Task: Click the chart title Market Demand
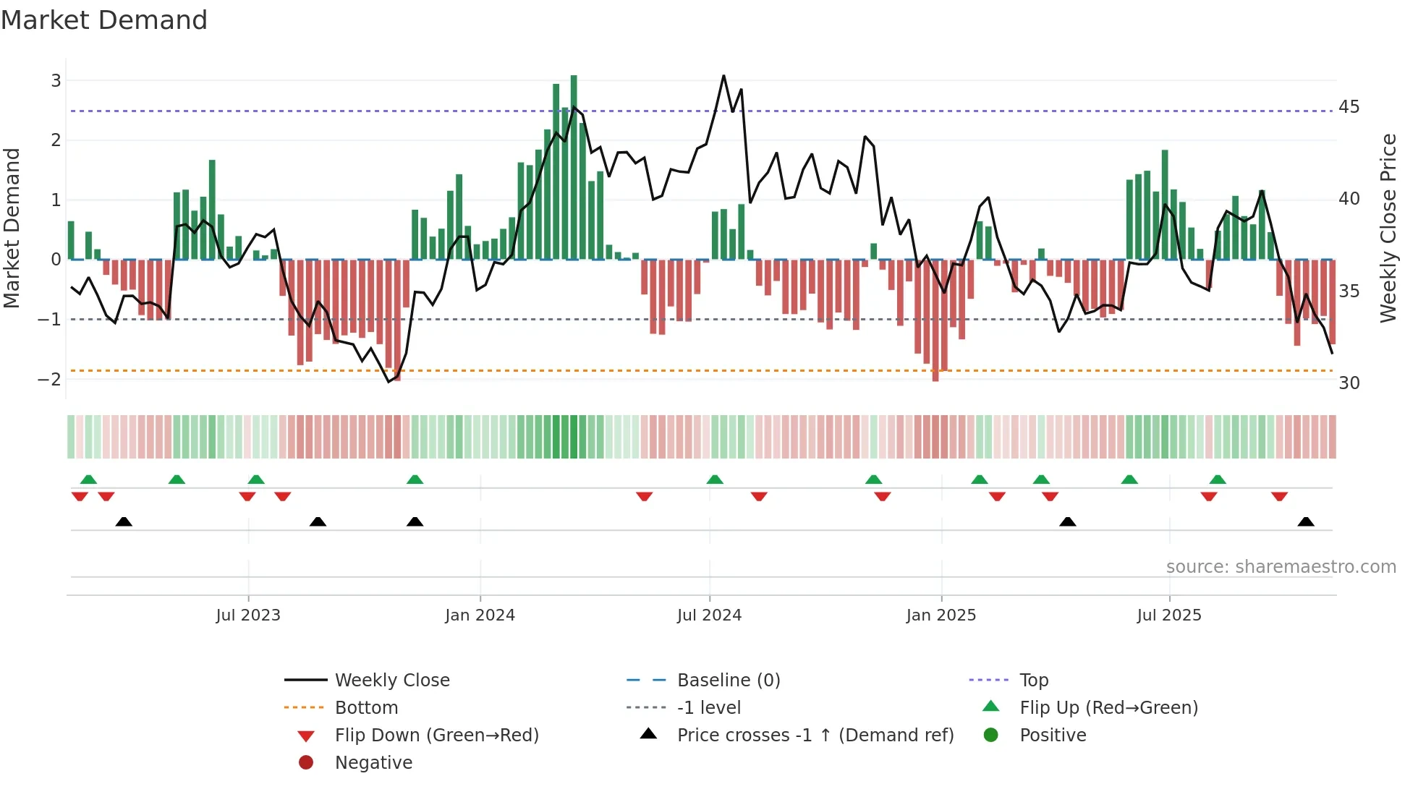pyautogui.click(x=104, y=20)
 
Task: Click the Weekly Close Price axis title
pyautogui.click(x=1388, y=228)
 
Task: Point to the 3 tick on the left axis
pyautogui.click(x=56, y=80)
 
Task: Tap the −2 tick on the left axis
pyautogui.click(x=49, y=379)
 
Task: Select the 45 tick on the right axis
pyautogui.click(x=1349, y=107)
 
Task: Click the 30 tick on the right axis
pyautogui.click(x=1349, y=383)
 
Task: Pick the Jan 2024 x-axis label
pyautogui.click(x=480, y=615)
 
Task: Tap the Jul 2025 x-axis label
pyautogui.click(x=1168, y=615)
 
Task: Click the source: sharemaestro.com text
pyautogui.click(x=1281, y=567)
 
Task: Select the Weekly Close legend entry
pyautogui.click(x=391, y=681)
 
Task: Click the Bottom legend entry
pyautogui.click(x=366, y=708)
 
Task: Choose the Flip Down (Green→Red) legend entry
pyautogui.click(x=436, y=736)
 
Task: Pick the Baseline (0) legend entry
pyautogui.click(x=728, y=681)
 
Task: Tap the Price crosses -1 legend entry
pyautogui.click(x=815, y=736)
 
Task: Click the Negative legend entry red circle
pyautogui.click(x=306, y=763)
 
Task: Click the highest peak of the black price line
pyautogui.click(x=723, y=76)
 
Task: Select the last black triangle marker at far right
pyautogui.click(x=1306, y=522)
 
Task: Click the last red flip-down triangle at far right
pyautogui.click(x=1279, y=496)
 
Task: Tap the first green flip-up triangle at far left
pyautogui.click(x=88, y=480)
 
